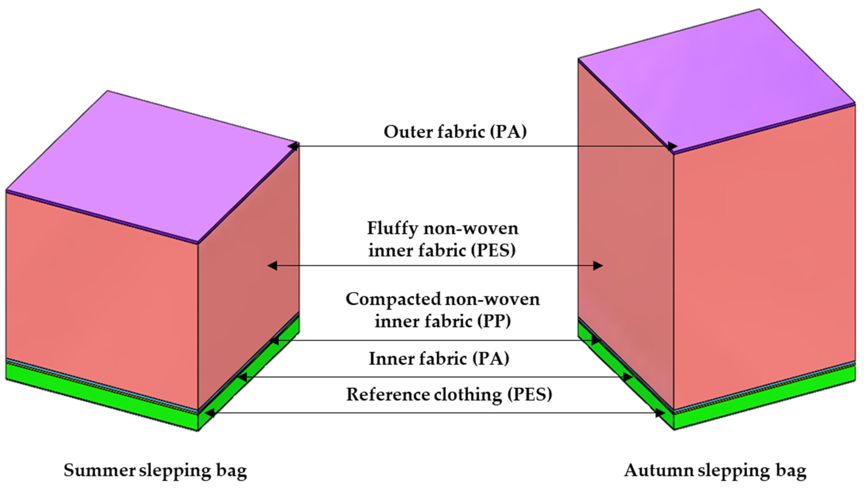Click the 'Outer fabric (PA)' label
click(x=455, y=132)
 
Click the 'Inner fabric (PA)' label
click(x=439, y=358)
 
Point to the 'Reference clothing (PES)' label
click(x=449, y=394)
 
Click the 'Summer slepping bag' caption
click(x=155, y=470)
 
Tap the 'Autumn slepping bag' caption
click(x=715, y=470)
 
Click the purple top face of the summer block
click(x=151, y=168)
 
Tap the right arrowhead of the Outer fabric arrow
click(x=672, y=146)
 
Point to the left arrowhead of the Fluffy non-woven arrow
click(x=272, y=266)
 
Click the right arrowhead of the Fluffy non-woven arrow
click(x=598, y=266)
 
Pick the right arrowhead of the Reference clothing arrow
click(x=660, y=413)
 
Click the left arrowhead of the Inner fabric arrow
click(x=242, y=377)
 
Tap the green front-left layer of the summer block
click(x=101, y=387)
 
